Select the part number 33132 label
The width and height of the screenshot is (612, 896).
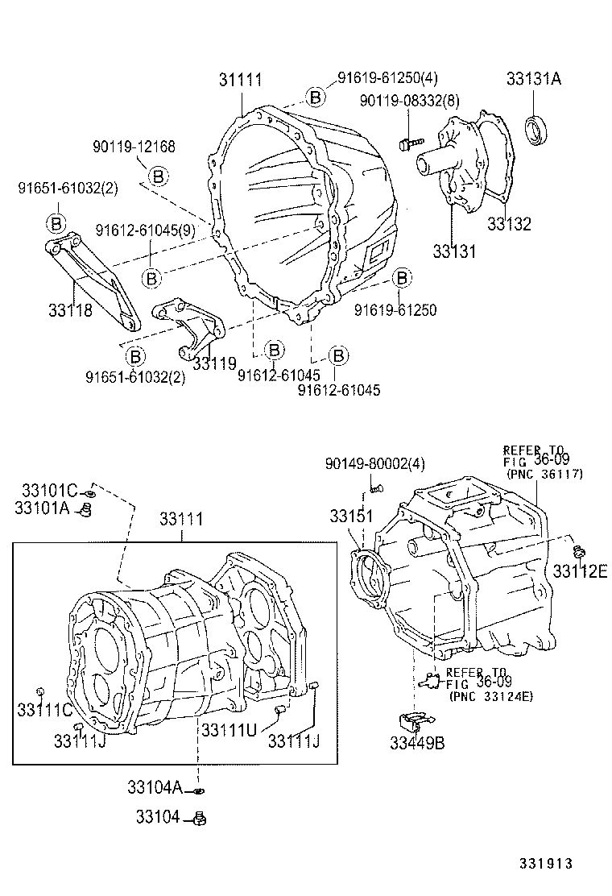coord(509,225)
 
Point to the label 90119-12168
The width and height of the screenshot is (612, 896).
coord(134,147)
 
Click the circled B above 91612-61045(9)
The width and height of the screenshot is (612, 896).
coord(158,176)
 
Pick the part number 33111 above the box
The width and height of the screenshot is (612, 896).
coord(180,521)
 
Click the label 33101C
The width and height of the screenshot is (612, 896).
coord(49,490)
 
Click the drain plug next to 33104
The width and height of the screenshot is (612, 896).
coord(201,819)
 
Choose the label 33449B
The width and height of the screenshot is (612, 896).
coord(416,744)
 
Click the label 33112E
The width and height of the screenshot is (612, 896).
coord(579,571)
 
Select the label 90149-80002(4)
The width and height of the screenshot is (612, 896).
coord(375,463)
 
